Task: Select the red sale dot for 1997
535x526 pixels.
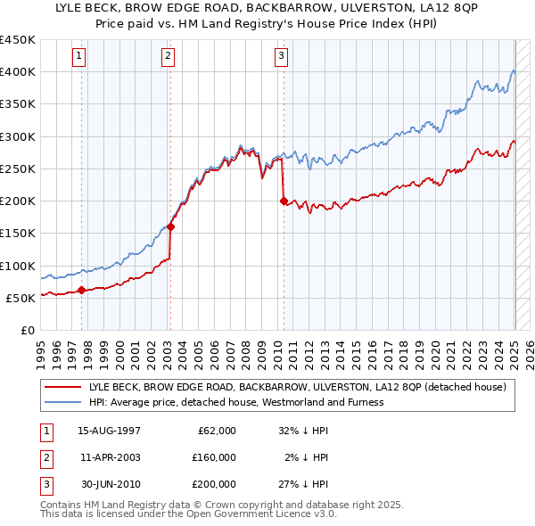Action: pos(81,290)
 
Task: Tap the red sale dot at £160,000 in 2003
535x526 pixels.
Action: pos(170,226)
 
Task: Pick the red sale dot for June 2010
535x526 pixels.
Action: pos(284,201)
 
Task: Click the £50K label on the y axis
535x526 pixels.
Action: pos(21,298)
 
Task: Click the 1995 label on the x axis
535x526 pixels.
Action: pos(41,349)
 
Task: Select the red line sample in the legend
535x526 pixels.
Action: pos(62,387)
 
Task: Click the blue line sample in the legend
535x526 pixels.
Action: pos(62,402)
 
